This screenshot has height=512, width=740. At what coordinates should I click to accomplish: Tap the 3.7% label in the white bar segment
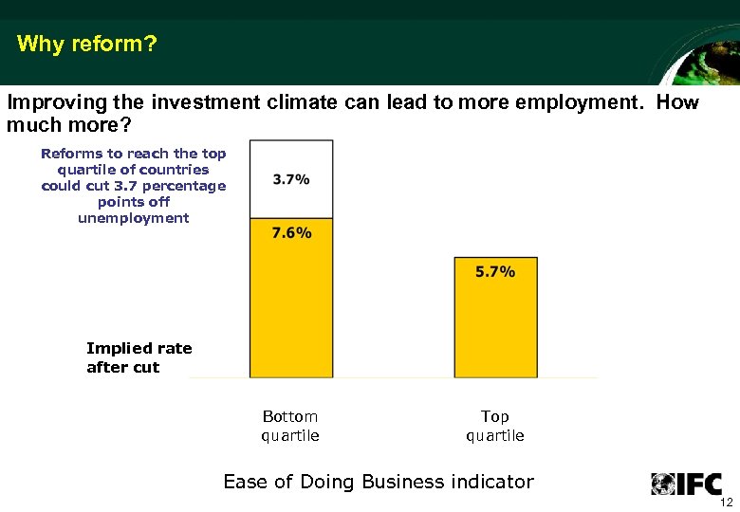(291, 179)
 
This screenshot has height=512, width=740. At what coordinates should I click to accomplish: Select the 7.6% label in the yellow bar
(291, 232)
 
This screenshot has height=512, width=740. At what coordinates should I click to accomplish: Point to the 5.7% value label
(495, 271)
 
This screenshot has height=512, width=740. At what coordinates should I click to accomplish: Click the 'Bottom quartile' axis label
(290, 426)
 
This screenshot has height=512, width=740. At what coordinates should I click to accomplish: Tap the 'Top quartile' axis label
(495, 426)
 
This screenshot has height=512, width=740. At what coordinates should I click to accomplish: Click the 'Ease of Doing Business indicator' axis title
(379, 482)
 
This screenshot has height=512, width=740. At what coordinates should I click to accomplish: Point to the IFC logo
(686, 483)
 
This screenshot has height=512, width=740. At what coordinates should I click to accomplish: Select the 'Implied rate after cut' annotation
(139, 357)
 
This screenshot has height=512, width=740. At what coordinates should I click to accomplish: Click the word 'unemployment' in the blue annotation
(134, 218)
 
